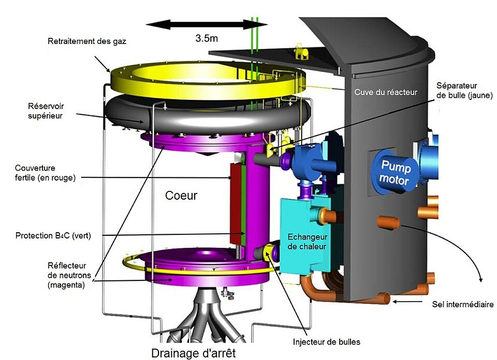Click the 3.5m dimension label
(x=207, y=38)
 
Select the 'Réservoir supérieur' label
(x=45, y=111)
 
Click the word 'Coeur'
(x=182, y=196)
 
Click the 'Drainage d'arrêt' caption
(x=193, y=353)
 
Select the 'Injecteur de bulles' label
(x=326, y=342)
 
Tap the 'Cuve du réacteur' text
(x=386, y=92)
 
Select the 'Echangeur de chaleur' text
(x=306, y=241)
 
